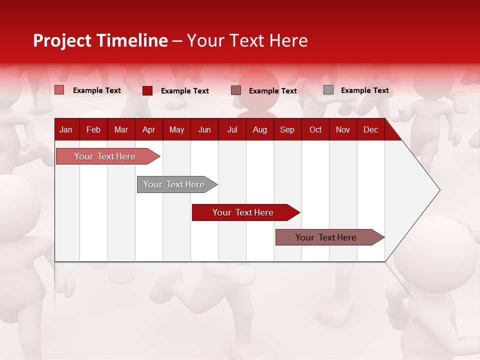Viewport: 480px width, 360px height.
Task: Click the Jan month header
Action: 66,130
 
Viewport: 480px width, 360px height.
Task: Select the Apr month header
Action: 148,130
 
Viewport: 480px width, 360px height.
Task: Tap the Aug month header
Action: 259,130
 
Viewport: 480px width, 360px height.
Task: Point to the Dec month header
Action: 370,130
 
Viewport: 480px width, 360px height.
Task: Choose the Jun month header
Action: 204,130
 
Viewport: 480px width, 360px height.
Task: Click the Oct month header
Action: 315,130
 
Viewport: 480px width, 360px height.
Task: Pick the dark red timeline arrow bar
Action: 243,212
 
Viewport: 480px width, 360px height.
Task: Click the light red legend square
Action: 59,90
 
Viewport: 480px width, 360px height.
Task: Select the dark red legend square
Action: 147,90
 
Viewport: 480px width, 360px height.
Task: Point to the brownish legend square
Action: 236,90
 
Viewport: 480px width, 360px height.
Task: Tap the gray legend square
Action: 328,90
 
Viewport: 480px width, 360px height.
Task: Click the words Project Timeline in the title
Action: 100,40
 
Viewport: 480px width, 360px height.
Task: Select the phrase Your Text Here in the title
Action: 247,40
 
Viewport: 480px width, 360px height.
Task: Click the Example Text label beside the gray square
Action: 364,90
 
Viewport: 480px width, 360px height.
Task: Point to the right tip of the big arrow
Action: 439,190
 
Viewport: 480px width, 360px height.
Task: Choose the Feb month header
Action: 93,130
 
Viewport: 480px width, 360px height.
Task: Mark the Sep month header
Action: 287,130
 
